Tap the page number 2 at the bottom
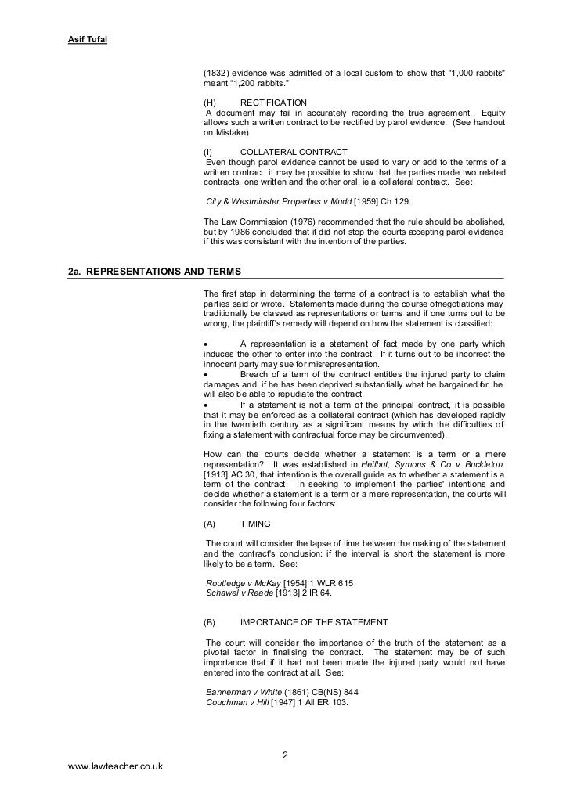pyautogui.click(x=284, y=755)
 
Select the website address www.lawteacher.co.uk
pyautogui.click(x=116, y=767)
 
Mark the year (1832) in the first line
pyautogui.click(x=217, y=74)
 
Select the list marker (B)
pyautogui.click(x=209, y=622)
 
